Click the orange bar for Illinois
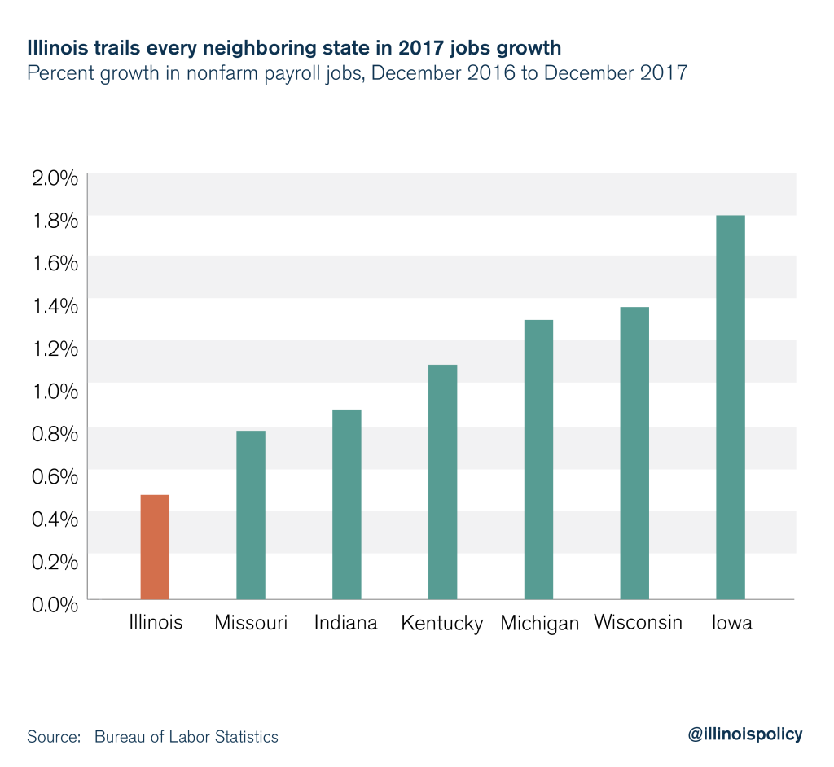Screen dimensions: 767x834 pyautogui.click(x=155, y=546)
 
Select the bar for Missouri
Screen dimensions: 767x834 pyautogui.click(x=251, y=515)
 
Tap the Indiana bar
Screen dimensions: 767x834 pyautogui.click(x=347, y=504)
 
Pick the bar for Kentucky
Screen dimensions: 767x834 pyautogui.click(x=442, y=481)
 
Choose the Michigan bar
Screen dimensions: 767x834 pyautogui.click(x=538, y=459)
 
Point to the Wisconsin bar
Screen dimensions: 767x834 pyautogui.click(x=634, y=453)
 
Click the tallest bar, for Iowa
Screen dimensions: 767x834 pyautogui.click(x=731, y=407)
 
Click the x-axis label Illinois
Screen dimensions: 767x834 pyautogui.click(x=155, y=623)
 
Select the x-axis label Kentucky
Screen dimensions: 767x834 pyautogui.click(x=442, y=624)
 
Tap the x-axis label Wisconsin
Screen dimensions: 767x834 pyautogui.click(x=638, y=623)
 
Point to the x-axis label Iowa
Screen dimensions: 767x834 pyautogui.click(x=731, y=623)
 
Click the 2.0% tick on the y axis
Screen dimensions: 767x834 pyautogui.click(x=54, y=178)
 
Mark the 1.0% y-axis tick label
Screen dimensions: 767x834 pyautogui.click(x=54, y=390)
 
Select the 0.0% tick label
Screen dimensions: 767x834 pyautogui.click(x=54, y=603)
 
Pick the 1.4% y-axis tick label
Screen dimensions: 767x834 pyautogui.click(x=54, y=305)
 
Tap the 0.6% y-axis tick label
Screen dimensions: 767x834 pyautogui.click(x=54, y=476)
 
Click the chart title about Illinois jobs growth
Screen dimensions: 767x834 pyautogui.click(x=294, y=48)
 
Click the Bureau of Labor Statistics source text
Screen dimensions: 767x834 pyautogui.click(x=187, y=737)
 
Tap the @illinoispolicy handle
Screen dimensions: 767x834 pyautogui.click(x=745, y=734)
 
